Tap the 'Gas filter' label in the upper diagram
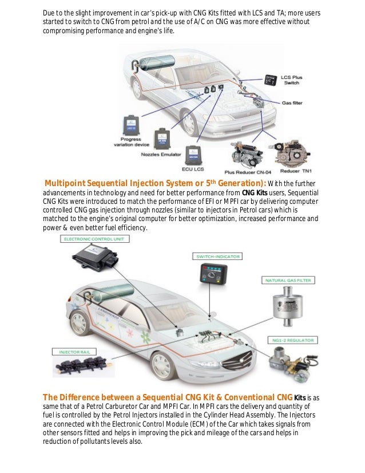(x=292, y=103)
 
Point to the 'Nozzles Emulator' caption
(x=158, y=155)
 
